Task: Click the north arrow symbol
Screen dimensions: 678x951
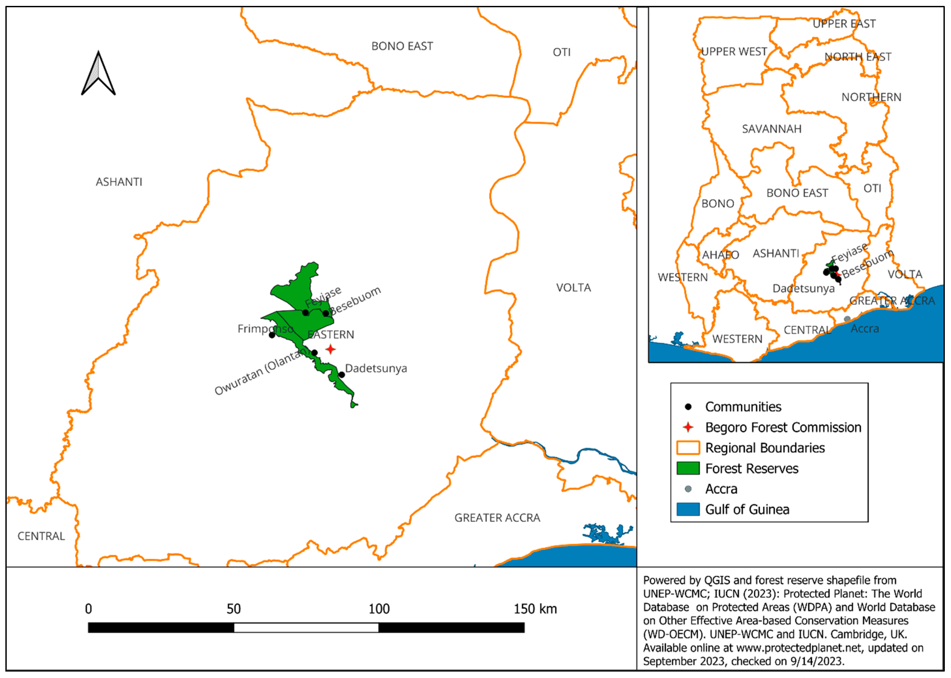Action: point(98,74)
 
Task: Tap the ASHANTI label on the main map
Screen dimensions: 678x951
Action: point(119,182)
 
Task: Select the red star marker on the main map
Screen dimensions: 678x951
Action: point(331,349)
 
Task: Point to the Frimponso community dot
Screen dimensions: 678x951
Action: point(272,335)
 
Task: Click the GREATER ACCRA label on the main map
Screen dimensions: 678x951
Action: point(497,518)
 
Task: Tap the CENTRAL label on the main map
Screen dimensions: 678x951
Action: point(41,536)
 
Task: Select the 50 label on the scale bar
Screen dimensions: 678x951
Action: point(234,609)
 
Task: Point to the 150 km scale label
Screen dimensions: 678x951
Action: point(535,609)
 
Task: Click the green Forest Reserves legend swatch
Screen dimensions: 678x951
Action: point(688,468)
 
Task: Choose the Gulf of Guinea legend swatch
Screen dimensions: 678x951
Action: point(688,509)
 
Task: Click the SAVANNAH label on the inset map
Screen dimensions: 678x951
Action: point(772,129)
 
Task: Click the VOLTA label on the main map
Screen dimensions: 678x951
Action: point(573,288)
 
